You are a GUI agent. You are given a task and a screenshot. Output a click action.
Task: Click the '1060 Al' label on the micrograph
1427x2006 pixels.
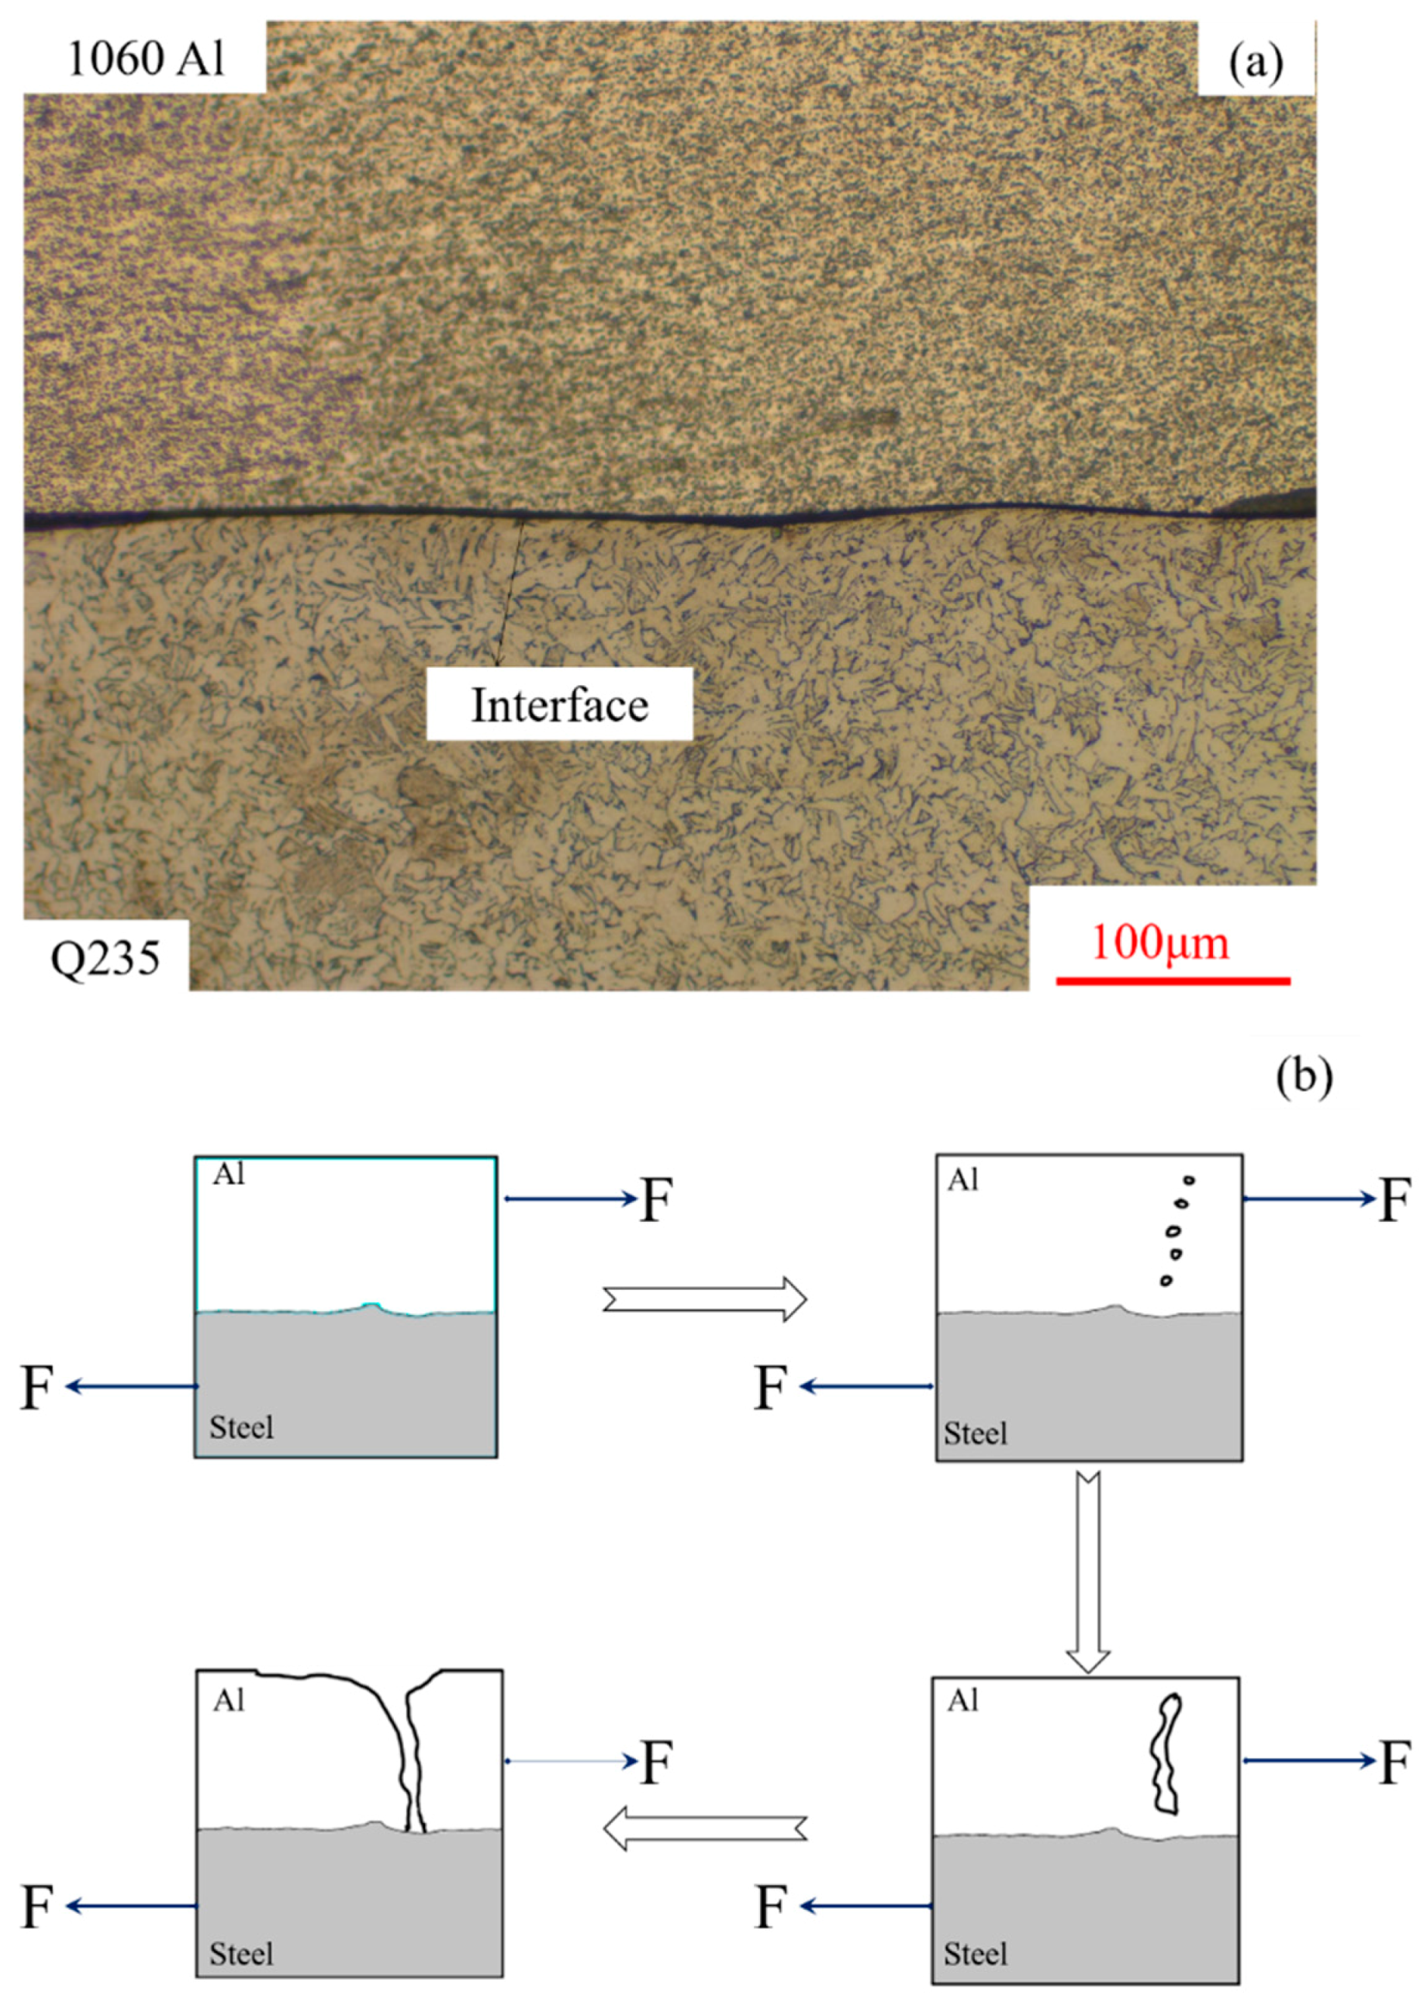pyautogui.click(x=146, y=59)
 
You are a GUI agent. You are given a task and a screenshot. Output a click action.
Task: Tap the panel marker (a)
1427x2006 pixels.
pyautogui.click(x=1256, y=62)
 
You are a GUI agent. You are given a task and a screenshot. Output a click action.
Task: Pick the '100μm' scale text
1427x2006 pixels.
pyautogui.click(x=1160, y=942)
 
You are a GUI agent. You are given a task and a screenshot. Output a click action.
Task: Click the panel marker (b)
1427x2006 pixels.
pyautogui.click(x=1304, y=1077)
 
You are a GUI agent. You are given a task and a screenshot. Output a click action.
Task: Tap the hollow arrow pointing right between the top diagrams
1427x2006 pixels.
pyautogui.click(x=704, y=1299)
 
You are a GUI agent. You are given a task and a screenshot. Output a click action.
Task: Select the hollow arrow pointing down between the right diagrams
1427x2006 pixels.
pyautogui.click(x=1088, y=1573)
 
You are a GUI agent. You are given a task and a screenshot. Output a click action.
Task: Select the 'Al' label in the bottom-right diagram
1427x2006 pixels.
pyautogui.click(x=962, y=1702)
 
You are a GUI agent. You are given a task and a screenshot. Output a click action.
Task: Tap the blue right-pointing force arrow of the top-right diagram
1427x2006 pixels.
pyautogui.click(x=1309, y=1198)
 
